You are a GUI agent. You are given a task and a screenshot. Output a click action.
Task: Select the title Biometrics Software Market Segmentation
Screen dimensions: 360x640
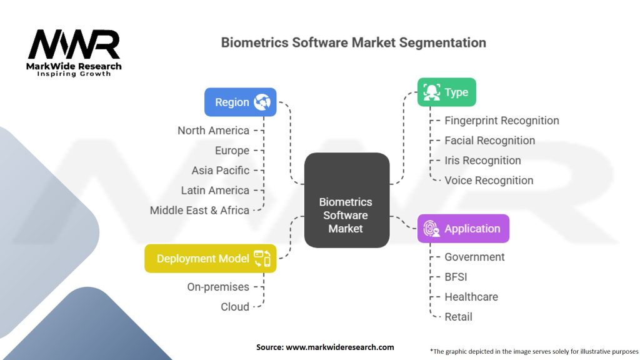353,43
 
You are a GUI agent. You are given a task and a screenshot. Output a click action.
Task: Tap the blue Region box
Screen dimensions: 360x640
240,102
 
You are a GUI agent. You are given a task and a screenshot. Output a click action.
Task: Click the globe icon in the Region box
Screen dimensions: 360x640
262,102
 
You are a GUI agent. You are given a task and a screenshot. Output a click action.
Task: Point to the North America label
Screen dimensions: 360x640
213,131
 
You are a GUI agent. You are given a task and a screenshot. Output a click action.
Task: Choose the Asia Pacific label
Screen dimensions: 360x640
220,171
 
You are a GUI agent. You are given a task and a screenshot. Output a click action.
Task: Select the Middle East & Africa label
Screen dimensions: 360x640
199,211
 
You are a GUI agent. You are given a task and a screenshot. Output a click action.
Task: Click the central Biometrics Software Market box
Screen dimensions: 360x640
346,200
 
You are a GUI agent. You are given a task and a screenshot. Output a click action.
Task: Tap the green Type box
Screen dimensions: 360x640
446,92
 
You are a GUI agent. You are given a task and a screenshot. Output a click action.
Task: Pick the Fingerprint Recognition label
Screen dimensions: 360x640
501,121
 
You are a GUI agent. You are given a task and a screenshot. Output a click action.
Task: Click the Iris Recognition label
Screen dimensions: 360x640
482,161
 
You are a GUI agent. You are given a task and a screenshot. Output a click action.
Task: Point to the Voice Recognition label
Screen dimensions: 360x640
489,181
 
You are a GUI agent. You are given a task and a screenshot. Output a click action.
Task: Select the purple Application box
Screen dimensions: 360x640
463,228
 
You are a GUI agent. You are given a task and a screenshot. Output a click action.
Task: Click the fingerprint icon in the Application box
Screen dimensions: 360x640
431,228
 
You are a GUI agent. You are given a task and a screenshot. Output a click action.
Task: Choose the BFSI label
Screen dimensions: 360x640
456,277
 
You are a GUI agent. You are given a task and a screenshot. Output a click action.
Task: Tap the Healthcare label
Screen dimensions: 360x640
471,297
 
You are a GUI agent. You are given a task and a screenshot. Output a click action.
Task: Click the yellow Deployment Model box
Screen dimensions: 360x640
210,258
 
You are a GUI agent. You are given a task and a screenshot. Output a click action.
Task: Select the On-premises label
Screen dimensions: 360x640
218,287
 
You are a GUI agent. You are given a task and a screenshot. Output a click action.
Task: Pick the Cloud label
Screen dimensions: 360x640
235,307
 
